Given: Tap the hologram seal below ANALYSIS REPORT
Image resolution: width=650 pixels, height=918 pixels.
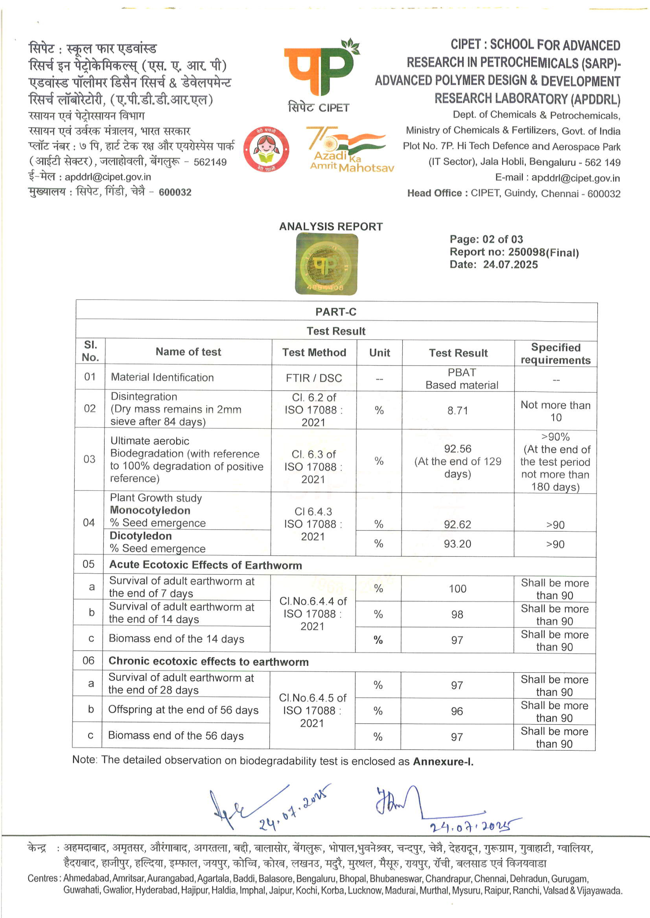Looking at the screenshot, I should (x=326, y=264).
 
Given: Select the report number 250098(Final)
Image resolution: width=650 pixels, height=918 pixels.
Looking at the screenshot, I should (x=543, y=252).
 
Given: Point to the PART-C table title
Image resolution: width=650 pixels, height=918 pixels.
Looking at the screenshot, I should (x=335, y=312).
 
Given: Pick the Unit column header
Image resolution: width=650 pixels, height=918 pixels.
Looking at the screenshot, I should (x=380, y=353).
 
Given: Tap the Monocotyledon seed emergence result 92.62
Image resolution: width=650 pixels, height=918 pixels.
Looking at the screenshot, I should (x=457, y=524).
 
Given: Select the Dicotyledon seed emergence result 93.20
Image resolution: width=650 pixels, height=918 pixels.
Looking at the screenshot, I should (x=457, y=544).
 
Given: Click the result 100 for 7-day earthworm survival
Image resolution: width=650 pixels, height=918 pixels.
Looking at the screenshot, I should (x=457, y=588).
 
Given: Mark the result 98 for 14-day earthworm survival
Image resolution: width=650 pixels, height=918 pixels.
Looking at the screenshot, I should (x=457, y=615).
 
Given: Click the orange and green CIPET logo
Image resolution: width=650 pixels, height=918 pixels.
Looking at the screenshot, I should (x=320, y=68).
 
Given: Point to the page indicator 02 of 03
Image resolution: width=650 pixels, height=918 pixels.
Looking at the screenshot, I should (x=502, y=240).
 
